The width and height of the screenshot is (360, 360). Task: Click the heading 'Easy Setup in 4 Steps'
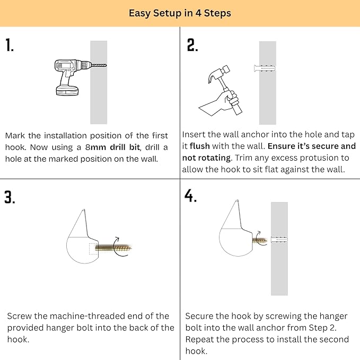point(180,13)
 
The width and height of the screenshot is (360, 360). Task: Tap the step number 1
point(10,45)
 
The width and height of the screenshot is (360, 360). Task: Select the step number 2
point(192,45)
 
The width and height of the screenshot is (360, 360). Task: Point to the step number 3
point(10,197)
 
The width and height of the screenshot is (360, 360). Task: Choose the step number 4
point(190,196)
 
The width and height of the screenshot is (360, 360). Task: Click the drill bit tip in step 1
point(106,65)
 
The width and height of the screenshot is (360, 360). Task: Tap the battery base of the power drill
point(67,91)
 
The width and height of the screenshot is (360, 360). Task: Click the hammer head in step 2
point(219,74)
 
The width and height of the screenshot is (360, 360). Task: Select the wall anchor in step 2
point(265,68)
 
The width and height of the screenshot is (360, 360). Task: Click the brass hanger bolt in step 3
point(113,248)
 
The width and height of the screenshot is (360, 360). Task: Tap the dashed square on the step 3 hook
point(93,249)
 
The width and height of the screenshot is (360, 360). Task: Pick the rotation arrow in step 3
point(119,247)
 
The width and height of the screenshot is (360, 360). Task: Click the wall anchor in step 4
point(279,240)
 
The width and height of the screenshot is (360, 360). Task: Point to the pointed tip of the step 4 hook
point(237,200)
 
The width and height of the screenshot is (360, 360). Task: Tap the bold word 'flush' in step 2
point(200,146)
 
